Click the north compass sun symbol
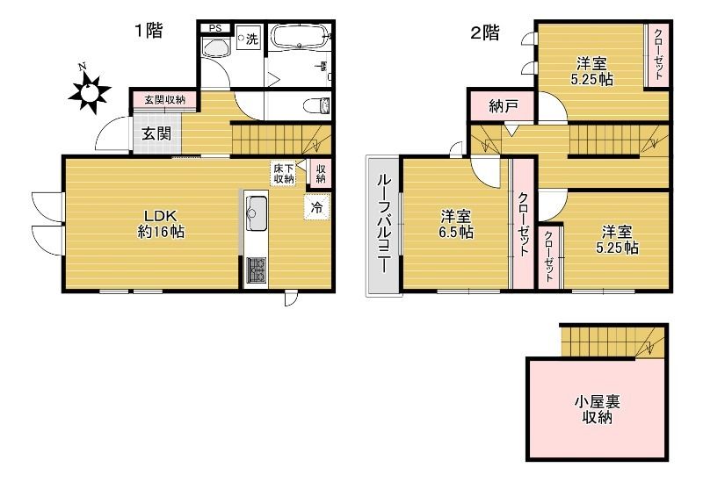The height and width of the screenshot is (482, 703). (x=90, y=89)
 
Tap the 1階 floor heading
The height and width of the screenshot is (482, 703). (x=148, y=32)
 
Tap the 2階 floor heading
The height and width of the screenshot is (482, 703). (x=485, y=33)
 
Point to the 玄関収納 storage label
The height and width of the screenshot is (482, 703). (x=164, y=99)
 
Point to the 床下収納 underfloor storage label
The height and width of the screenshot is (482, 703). (x=283, y=173)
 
